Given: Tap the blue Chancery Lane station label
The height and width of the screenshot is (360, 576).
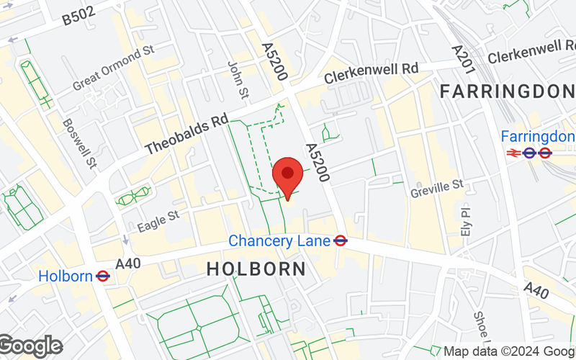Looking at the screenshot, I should point(279,240).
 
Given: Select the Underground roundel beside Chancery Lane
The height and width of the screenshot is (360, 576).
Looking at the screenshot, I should point(341,240).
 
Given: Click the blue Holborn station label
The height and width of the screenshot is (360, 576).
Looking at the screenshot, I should point(65,275).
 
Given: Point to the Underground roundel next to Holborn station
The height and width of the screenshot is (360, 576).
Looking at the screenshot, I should point(102,275).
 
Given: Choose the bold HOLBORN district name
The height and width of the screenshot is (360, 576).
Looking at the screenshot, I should point(256,269).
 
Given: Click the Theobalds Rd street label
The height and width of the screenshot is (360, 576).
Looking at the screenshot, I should point(186,135).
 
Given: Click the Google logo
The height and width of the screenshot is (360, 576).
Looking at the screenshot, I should point(30,346).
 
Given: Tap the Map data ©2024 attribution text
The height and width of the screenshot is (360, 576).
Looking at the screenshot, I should point(508,351).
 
